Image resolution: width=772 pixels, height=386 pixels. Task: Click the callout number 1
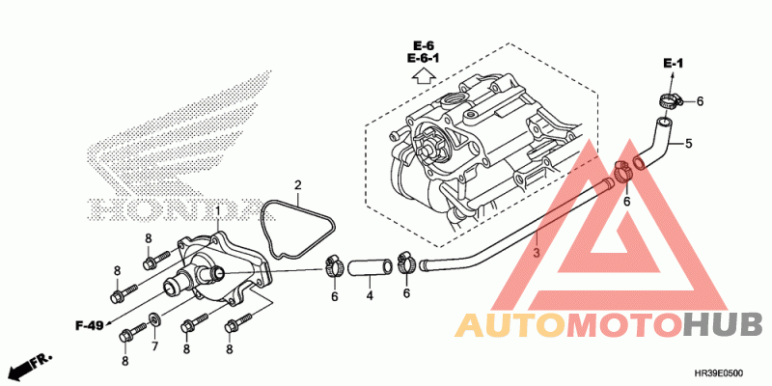(218, 211)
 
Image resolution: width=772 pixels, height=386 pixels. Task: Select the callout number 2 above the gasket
(298, 185)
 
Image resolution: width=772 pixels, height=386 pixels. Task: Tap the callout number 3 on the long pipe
(538, 253)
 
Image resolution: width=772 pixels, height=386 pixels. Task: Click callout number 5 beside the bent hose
(689, 144)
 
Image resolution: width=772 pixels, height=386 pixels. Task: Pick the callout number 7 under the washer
(154, 346)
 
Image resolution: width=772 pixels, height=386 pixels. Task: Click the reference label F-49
(89, 325)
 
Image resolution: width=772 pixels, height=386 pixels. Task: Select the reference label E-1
(673, 64)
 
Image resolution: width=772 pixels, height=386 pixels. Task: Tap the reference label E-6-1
(424, 58)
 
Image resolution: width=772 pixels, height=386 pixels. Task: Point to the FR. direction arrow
(31, 366)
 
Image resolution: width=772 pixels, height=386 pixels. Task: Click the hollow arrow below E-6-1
(423, 76)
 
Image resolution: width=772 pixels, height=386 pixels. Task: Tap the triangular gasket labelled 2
(297, 230)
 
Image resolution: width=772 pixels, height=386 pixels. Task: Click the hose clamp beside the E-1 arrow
(669, 101)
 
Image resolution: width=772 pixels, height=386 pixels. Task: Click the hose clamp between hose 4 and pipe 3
(406, 262)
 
